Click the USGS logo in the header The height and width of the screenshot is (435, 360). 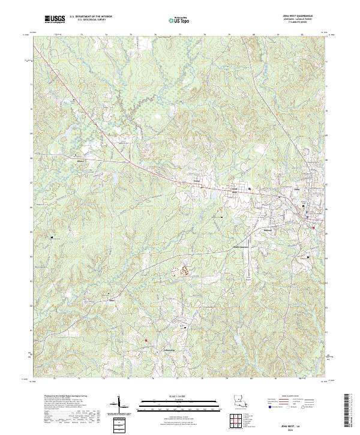(x=55, y=19)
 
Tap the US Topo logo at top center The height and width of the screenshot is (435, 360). (x=173, y=20)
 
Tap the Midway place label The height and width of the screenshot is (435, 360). (x=269, y=229)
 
